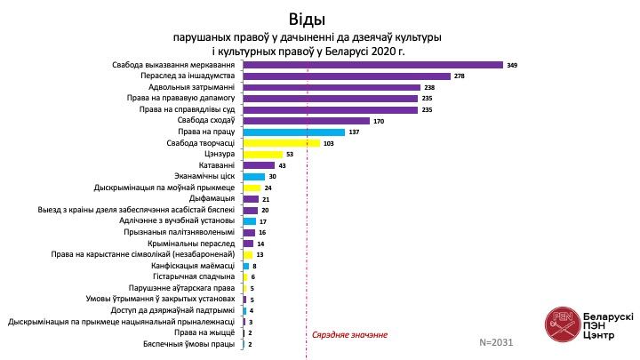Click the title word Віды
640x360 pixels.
pyautogui.click(x=308, y=19)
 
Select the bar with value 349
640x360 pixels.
pyautogui.click(x=372, y=65)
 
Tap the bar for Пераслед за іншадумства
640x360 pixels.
pyautogui.click(x=346, y=76)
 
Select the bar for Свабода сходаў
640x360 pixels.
pyautogui.click(x=306, y=120)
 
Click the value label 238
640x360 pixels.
pyautogui.click(x=429, y=87)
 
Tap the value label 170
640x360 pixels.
pyautogui.click(x=380, y=121)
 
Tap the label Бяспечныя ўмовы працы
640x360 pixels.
pyautogui.click(x=190, y=342)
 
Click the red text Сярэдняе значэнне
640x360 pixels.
pyautogui.click(x=350, y=334)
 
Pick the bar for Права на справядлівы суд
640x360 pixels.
pyautogui.click(x=330, y=109)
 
